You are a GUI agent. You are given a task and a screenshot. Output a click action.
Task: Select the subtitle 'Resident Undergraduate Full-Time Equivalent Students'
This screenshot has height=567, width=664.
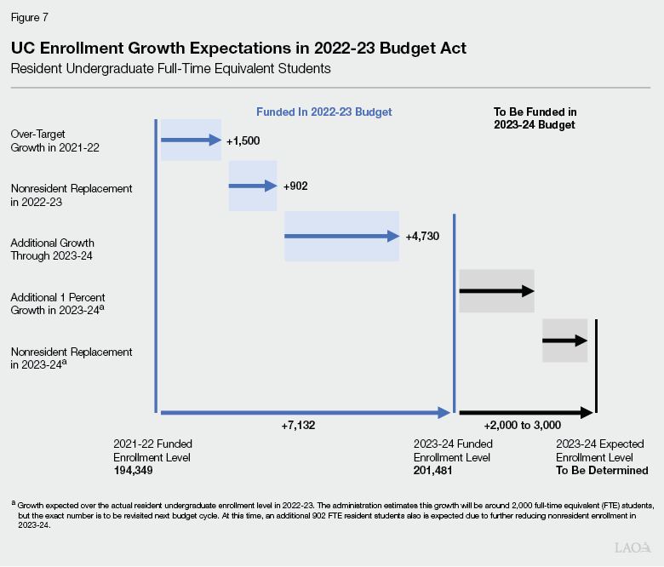pyautogui.click(x=170, y=67)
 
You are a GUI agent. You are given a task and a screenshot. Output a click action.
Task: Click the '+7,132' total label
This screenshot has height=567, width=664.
pyautogui.click(x=298, y=425)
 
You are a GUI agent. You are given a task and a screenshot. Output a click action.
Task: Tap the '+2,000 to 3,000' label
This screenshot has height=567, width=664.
pyautogui.click(x=522, y=425)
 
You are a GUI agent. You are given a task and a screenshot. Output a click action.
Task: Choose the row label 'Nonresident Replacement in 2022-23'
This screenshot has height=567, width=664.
pyautogui.click(x=59, y=193)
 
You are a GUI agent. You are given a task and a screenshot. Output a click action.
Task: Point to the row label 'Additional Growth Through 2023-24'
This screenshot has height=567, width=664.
pyautogui.click(x=52, y=249)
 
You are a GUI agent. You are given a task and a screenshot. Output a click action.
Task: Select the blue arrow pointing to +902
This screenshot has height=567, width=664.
pyautogui.click(x=253, y=186)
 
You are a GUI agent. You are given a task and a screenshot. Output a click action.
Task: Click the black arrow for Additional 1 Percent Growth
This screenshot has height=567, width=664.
pyautogui.click(x=496, y=290)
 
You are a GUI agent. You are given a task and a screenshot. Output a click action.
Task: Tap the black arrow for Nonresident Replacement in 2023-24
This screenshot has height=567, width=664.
pyautogui.click(x=565, y=341)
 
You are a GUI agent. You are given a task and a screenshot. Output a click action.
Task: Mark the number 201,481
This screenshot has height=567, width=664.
pyautogui.click(x=432, y=470)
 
